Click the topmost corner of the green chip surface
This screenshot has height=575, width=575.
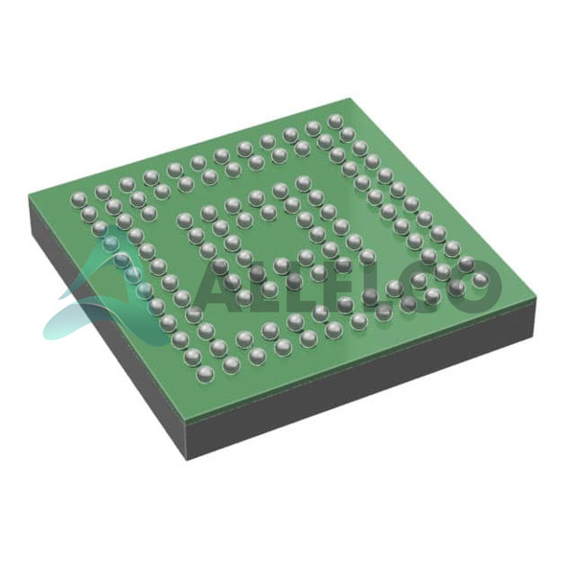[349, 99]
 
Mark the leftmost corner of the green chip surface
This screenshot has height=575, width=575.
[29, 198]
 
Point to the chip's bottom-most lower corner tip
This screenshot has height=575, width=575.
[186, 461]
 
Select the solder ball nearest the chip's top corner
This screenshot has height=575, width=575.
[335, 122]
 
